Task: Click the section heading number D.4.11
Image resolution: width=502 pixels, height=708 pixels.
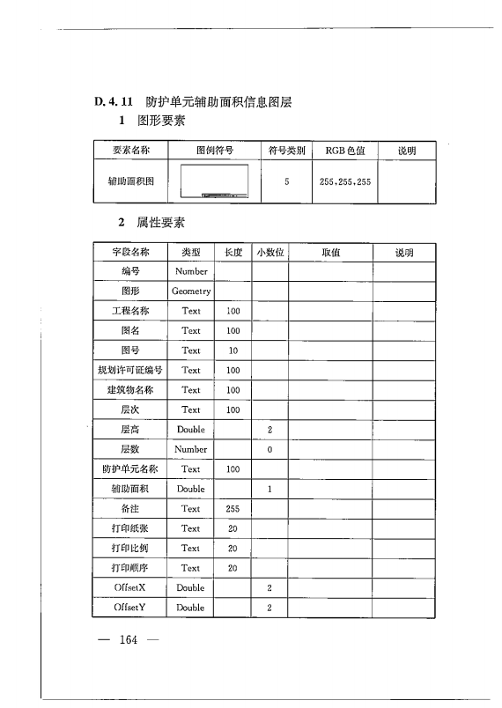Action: (x=114, y=102)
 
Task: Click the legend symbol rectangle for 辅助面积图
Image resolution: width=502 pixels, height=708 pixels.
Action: (x=214, y=182)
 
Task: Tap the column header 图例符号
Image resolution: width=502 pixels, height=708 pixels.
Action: (x=214, y=151)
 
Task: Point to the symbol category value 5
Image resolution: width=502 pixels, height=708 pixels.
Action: (x=287, y=182)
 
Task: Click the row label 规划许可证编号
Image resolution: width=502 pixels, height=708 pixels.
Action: (x=130, y=370)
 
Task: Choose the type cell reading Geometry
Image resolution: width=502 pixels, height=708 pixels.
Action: (x=191, y=291)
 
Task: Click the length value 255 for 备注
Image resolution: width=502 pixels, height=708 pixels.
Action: (x=233, y=508)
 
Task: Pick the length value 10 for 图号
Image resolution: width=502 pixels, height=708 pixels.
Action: (x=233, y=350)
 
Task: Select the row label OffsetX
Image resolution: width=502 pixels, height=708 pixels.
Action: (x=130, y=587)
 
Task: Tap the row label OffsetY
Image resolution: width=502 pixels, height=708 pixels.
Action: (x=130, y=608)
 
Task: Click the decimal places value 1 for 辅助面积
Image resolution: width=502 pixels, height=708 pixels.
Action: (x=270, y=489)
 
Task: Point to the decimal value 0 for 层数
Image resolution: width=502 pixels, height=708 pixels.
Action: (x=270, y=449)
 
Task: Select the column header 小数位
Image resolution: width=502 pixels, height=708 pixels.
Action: (x=270, y=252)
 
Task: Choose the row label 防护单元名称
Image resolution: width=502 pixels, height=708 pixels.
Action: (x=130, y=469)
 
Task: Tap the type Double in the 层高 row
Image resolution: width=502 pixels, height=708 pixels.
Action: (x=191, y=430)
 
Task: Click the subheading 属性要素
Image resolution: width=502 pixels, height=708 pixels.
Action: (x=160, y=223)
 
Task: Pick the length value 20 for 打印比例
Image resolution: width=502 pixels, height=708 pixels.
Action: (x=233, y=548)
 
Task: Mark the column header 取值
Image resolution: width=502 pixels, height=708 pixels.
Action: (x=330, y=252)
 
